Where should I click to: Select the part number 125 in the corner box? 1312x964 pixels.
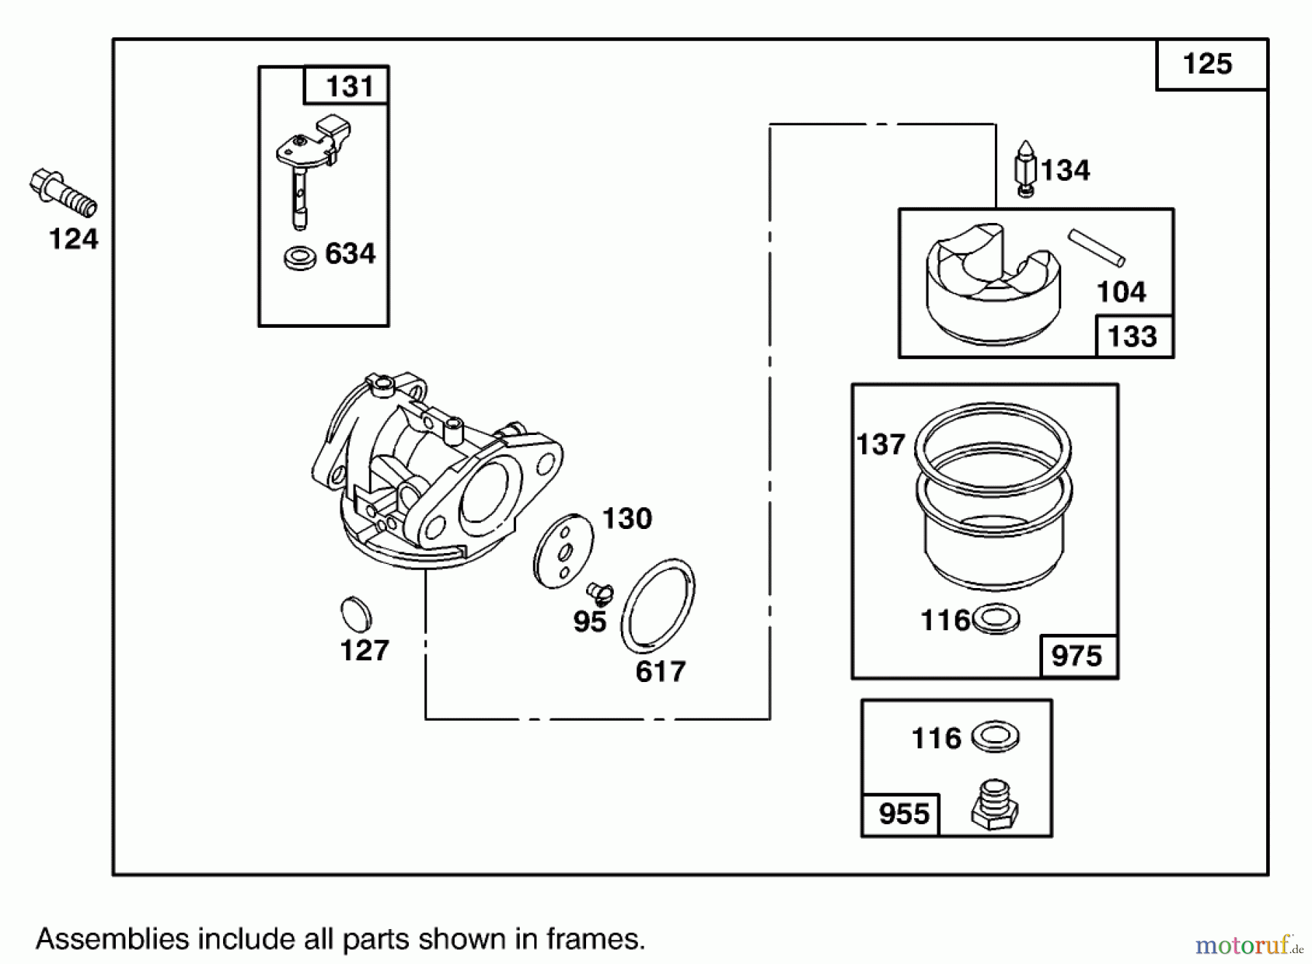tap(1207, 64)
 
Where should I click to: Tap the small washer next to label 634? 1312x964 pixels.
tap(300, 258)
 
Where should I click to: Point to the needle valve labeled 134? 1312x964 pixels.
tap(1026, 168)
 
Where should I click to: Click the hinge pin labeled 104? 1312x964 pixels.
tap(1096, 248)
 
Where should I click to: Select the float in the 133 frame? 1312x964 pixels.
tap(994, 284)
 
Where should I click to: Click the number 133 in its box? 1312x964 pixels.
tap(1132, 337)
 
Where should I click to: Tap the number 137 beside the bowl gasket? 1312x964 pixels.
tap(880, 444)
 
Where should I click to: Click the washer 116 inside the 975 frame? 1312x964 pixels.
tap(996, 619)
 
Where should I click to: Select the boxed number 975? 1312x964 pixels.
tap(1077, 657)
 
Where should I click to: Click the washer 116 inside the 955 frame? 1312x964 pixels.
tap(996, 737)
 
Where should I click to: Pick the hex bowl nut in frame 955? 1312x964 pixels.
tap(994, 805)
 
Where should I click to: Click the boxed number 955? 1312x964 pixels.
tap(904, 814)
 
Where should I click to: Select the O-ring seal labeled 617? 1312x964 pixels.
tap(657, 606)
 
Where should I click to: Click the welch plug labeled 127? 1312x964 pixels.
tap(356, 615)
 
